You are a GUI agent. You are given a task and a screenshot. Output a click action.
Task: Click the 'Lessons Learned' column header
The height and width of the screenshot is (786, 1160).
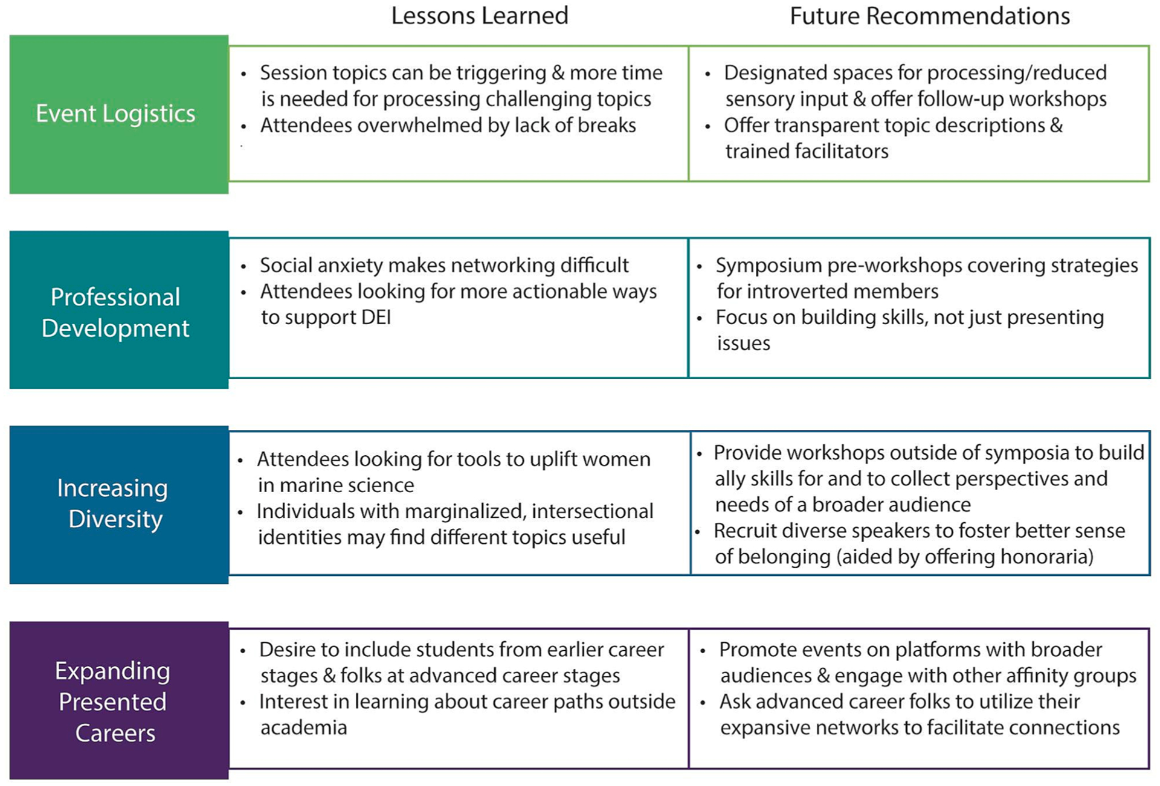(480, 16)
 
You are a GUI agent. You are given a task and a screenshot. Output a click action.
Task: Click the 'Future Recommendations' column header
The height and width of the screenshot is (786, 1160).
(929, 16)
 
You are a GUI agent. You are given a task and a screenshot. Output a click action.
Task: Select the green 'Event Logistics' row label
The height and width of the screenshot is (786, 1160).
(116, 113)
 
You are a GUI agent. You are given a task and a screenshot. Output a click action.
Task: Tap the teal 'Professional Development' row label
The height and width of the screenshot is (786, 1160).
(115, 312)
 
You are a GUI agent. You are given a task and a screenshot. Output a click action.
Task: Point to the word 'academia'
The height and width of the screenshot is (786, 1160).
(303, 728)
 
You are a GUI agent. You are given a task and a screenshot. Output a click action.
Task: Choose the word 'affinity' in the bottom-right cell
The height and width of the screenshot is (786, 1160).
(1042, 676)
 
